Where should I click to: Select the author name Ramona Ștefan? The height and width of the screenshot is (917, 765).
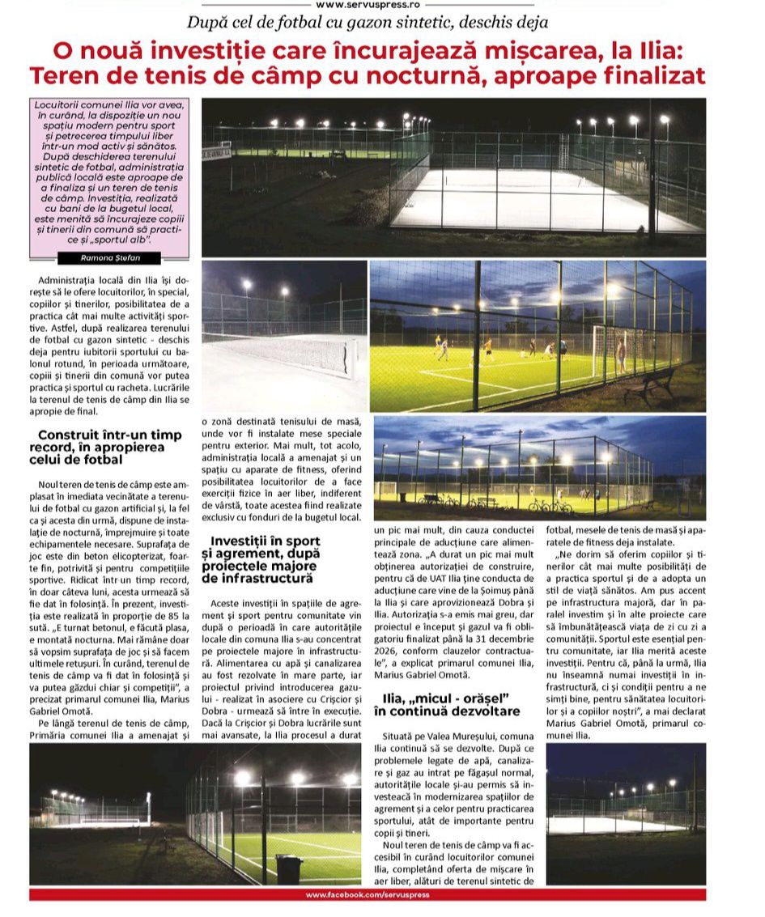coord(110,257)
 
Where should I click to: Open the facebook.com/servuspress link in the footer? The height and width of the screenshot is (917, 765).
coord(368,894)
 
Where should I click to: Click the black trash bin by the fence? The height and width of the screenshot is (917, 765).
coord(288,869)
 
